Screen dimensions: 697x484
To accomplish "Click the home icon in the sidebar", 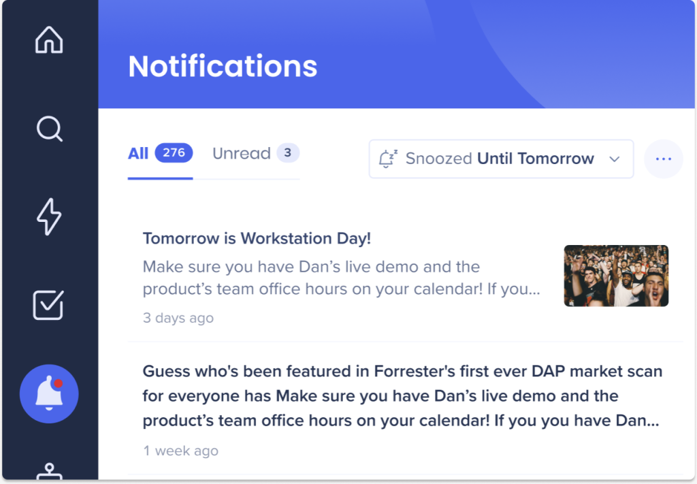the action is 49,39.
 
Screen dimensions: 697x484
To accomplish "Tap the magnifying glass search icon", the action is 49,129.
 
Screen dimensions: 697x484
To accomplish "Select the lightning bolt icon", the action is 49,216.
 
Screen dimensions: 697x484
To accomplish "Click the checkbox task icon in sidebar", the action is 48,305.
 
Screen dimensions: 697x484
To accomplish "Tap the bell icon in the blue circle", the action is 49,393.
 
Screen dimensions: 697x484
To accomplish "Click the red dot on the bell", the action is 58,383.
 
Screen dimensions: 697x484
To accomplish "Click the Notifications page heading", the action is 223,67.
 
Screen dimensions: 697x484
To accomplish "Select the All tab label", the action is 137,153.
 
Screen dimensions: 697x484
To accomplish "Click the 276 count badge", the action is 174,153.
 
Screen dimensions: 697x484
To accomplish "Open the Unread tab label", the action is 242,153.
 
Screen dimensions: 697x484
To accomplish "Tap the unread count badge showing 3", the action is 288,153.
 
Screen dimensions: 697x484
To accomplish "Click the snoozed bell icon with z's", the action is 387,159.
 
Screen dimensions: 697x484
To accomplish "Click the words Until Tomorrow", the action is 536,158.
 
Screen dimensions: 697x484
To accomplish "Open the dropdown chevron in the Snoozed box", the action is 615,159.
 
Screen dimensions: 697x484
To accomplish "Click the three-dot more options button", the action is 663,159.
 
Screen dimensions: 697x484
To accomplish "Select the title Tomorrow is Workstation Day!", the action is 257,239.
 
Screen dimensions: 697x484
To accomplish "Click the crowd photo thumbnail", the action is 616,276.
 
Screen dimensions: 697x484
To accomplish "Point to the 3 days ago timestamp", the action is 178,318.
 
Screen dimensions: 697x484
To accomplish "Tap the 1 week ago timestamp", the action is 180,451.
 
